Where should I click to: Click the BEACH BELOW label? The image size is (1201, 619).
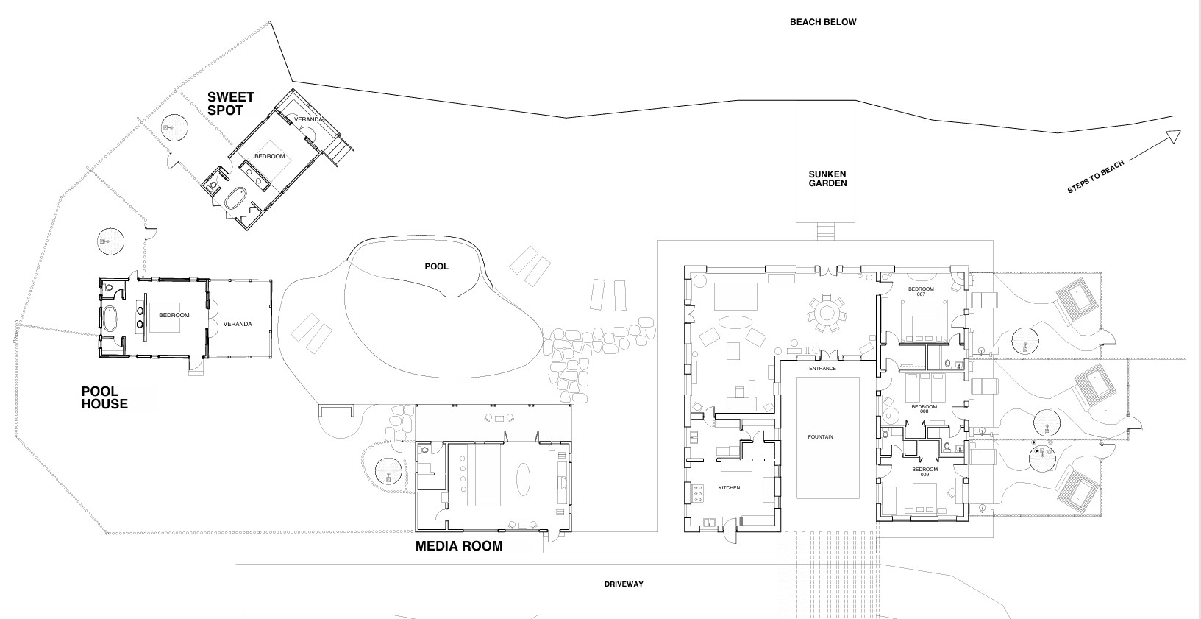pos(823,22)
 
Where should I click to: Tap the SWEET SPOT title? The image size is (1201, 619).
pos(230,104)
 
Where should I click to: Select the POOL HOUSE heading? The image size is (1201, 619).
pos(104,397)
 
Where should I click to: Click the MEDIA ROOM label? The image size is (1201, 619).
pos(459,546)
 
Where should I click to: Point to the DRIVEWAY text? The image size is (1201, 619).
pos(624,584)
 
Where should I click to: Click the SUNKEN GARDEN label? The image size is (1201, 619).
pos(828,179)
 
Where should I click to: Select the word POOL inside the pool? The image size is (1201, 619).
pos(436,266)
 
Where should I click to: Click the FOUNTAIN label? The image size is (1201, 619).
pos(820,437)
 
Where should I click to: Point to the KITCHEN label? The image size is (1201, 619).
pos(729,487)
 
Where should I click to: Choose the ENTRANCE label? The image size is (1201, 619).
pos(822,369)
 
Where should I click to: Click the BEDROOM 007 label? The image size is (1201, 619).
pos(921,291)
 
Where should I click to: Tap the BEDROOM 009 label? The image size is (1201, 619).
pos(925,472)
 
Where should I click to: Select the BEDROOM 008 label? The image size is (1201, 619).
pos(924,408)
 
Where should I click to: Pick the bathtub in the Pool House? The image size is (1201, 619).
pos(110,319)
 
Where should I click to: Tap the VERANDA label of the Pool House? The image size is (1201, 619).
pos(238,324)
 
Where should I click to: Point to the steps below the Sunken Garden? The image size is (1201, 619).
pos(826,231)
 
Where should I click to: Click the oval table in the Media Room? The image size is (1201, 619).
pos(524,479)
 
